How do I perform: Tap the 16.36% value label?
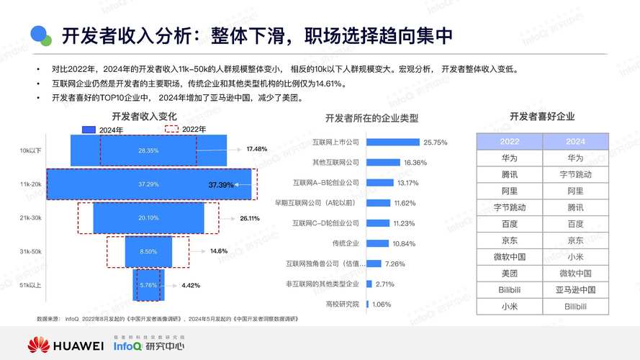[x=415, y=163]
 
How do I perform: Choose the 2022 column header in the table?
[x=510, y=142]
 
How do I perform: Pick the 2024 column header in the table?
[x=575, y=142]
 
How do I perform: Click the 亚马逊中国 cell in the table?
[x=575, y=290]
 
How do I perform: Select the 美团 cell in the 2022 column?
[x=510, y=274]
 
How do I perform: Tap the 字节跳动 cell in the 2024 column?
[x=575, y=174]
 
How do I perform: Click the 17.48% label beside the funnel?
[x=257, y=149]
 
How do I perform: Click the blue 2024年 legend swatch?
[x=89, y=130]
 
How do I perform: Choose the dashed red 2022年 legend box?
[x=172, y=130]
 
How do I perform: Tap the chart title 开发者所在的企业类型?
[x=371, y=117]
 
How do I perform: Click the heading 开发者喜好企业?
[x=542, y=117]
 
